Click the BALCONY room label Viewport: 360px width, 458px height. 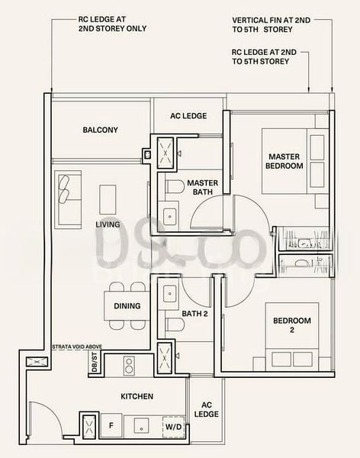pyautogui.click(x=100, y=130)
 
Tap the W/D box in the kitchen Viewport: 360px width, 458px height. pyautogui.click(x=174, y=427)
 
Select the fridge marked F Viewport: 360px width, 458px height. pyautogui.click(x=111, y=425)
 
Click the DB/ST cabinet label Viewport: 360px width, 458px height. pyautogui.click(x=95, y=362)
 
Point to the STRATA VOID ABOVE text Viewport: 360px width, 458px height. pyautogui.click(x=77, y=347)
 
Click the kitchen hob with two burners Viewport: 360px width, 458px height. pyautogui.click(x=129, y=366)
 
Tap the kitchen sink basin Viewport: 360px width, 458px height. pyautogui.click(x=141, y=425)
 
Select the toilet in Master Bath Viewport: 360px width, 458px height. pyautogui.click(x=175, y=187)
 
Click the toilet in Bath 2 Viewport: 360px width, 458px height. pyautogui.click(x=175, y=324)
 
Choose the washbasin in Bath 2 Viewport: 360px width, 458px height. pyautogui.click(x=169, y=293)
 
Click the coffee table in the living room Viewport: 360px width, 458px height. pyautogui.click(x=108, y=199)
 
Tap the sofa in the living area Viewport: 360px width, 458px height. pyautogui.click(x=68, y=200)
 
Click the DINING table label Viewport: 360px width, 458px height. pyautogui.click(x=127, y=306)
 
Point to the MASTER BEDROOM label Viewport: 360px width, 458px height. pyautogui.click(x=284, y=161)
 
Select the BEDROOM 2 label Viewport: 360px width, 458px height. pyautogui.click(x=292, y=325)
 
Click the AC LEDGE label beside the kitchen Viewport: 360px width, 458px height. pyautogui.click(x=207, y=409)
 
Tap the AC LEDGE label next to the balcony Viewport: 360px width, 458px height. pyautogui.click(x=188, y=116)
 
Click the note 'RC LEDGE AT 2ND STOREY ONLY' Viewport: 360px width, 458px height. pyautogui.click(x=112, y=24)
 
